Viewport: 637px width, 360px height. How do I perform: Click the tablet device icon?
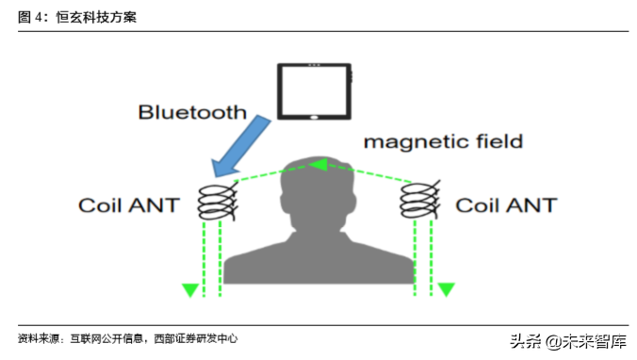point(314,91)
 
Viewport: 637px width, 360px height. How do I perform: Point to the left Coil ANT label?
point(128,205)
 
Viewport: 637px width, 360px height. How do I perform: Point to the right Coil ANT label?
point(505,205)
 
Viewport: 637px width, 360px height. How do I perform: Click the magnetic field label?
point(443,142)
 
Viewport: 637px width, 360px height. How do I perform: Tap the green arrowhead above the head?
point(318,166)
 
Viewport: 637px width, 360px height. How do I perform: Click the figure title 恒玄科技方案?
point(96,18)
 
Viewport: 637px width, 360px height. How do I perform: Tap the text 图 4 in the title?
point(33,18)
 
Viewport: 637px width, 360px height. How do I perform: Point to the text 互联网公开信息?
point(106,338)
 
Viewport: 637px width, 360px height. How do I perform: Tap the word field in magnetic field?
point(499,142)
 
